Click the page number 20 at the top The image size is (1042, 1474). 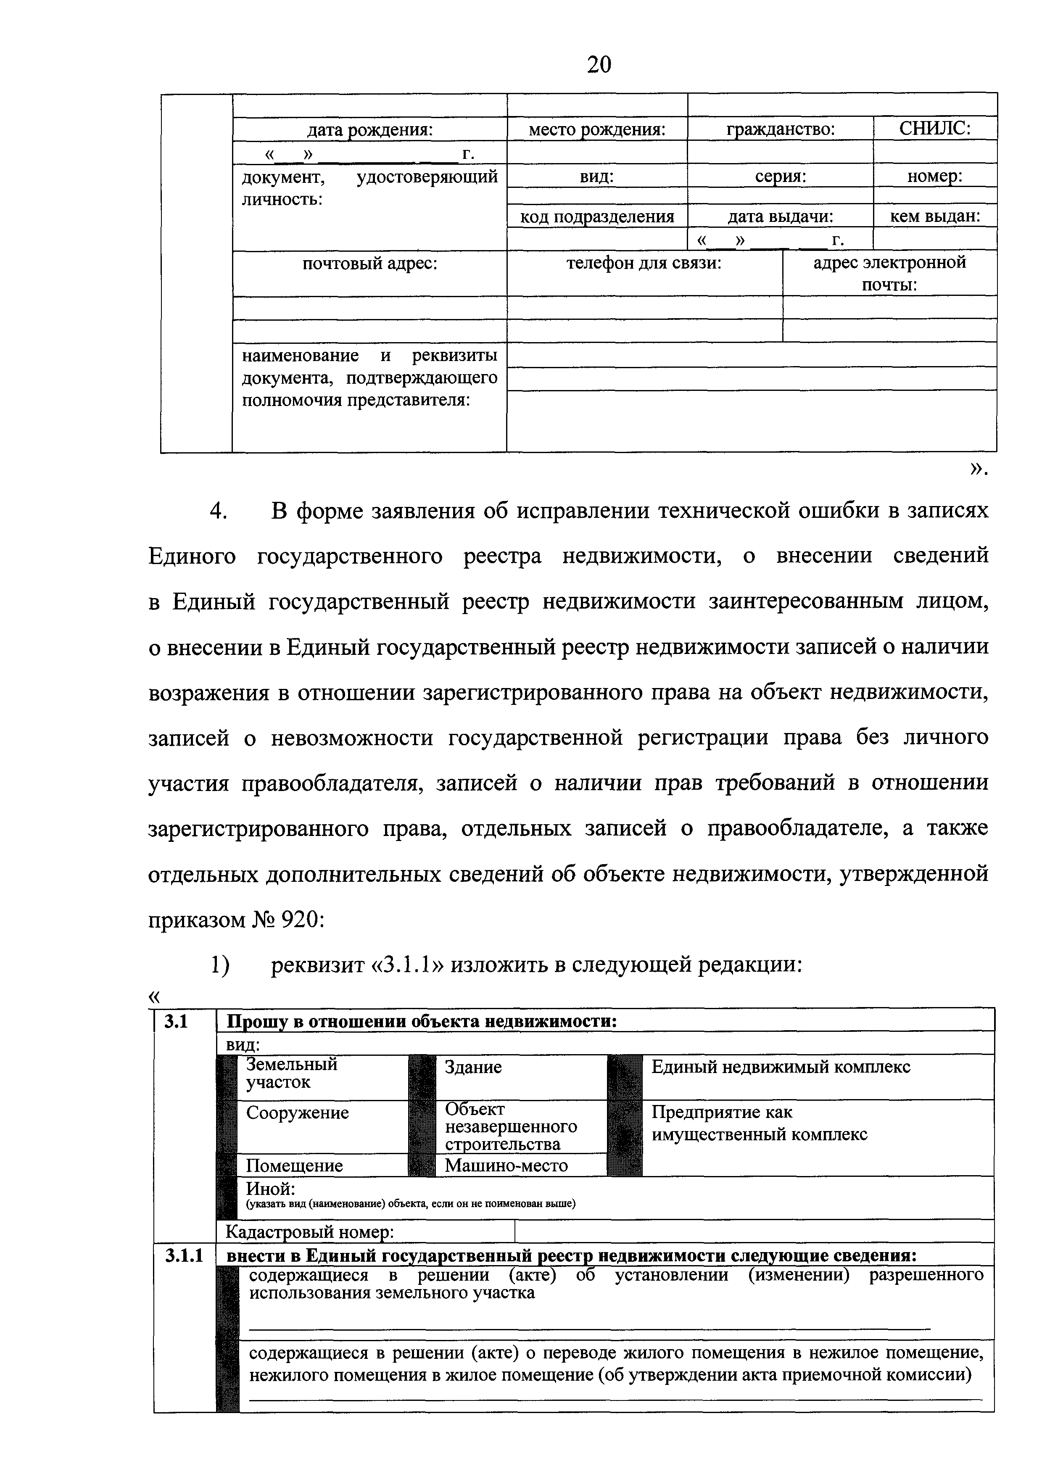tap(599, 64)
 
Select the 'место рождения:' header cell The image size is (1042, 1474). tap(596, 130)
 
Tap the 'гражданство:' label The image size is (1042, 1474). tap(780, 130)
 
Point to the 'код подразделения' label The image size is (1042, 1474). tap(596, 217)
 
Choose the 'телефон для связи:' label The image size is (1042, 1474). tap(644, 263)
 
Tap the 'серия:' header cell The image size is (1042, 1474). tap(780, 176)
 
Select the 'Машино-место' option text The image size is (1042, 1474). tap(506, 1165)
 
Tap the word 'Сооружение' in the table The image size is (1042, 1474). tap(297, 1113)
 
